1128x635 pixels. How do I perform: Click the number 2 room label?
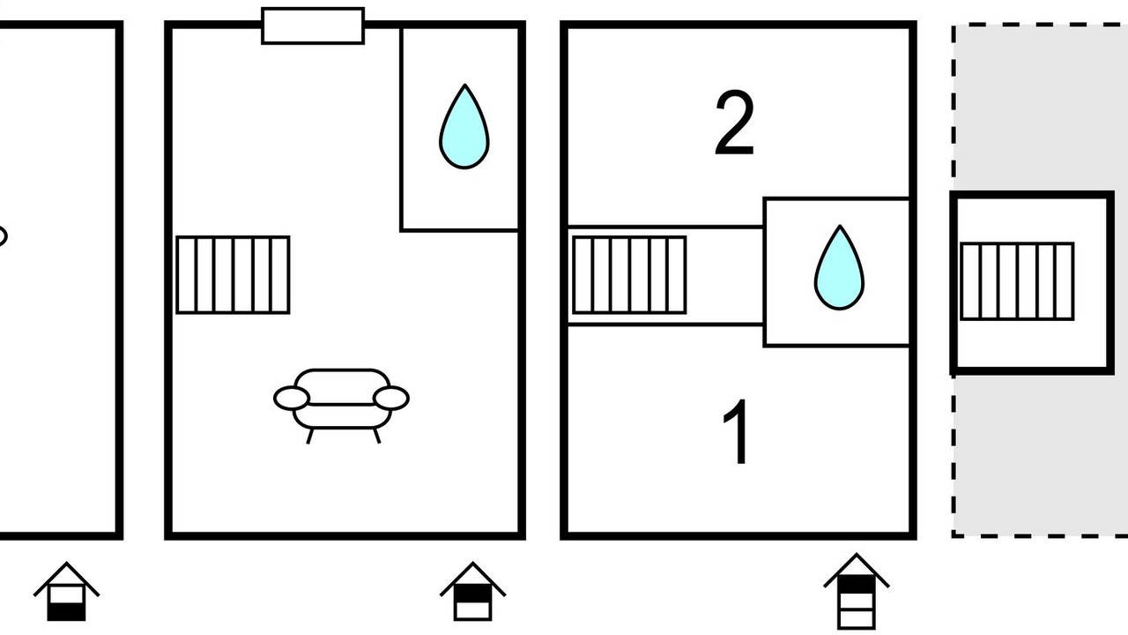(x=735, y=123)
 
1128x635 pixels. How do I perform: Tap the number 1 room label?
(x=735, y=432)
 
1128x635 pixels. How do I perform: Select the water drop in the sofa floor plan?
(x=464, y=126)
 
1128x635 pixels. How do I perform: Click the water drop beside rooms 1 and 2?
(x=840, y=267)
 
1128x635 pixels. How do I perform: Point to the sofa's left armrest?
(x=292, y=398)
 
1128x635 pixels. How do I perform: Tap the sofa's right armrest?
(x=390, y=398)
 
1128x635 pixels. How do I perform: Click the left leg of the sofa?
(x=310, y=436)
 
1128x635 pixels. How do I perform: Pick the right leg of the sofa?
(x=376, y=436)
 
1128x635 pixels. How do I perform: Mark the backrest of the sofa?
(x=342, y=387)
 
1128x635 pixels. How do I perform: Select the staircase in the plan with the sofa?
(x=234, y=274)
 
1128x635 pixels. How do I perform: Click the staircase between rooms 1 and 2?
(x=629, y=275)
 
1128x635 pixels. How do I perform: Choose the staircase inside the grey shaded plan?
(x=1017, y=281)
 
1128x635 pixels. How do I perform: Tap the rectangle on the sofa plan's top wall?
(x=313, y=26)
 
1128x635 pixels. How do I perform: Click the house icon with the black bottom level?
(x=66, y=591)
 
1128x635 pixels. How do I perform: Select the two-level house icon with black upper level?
(x=472, y=591)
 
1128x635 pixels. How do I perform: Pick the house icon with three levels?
(x=857, y=591)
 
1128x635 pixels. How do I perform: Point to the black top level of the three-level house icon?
(x=857, y=584)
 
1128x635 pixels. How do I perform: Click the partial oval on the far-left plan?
(x=2, y=235)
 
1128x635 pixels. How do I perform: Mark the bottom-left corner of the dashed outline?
(x=954, y=535)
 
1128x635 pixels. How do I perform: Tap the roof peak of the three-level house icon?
(x=857, y=555)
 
